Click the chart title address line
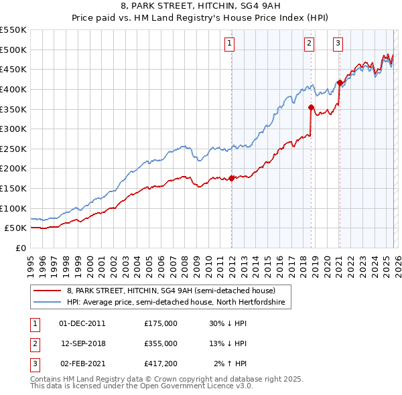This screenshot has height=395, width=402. [200, 6]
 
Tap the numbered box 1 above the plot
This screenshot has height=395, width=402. [229, 44]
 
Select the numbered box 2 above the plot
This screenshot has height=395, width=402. [309, 44]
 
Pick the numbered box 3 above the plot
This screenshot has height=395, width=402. [338, 44]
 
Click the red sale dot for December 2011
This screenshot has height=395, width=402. [232, 178]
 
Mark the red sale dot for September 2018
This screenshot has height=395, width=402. [312, 106]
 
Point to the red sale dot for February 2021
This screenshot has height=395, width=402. [340, 82]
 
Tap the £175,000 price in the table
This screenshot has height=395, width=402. [161, 323]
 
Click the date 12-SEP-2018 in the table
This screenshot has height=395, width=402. [84, 343]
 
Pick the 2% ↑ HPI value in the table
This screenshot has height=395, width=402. [230, 364]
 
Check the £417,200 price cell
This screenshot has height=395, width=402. [161, 364]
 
